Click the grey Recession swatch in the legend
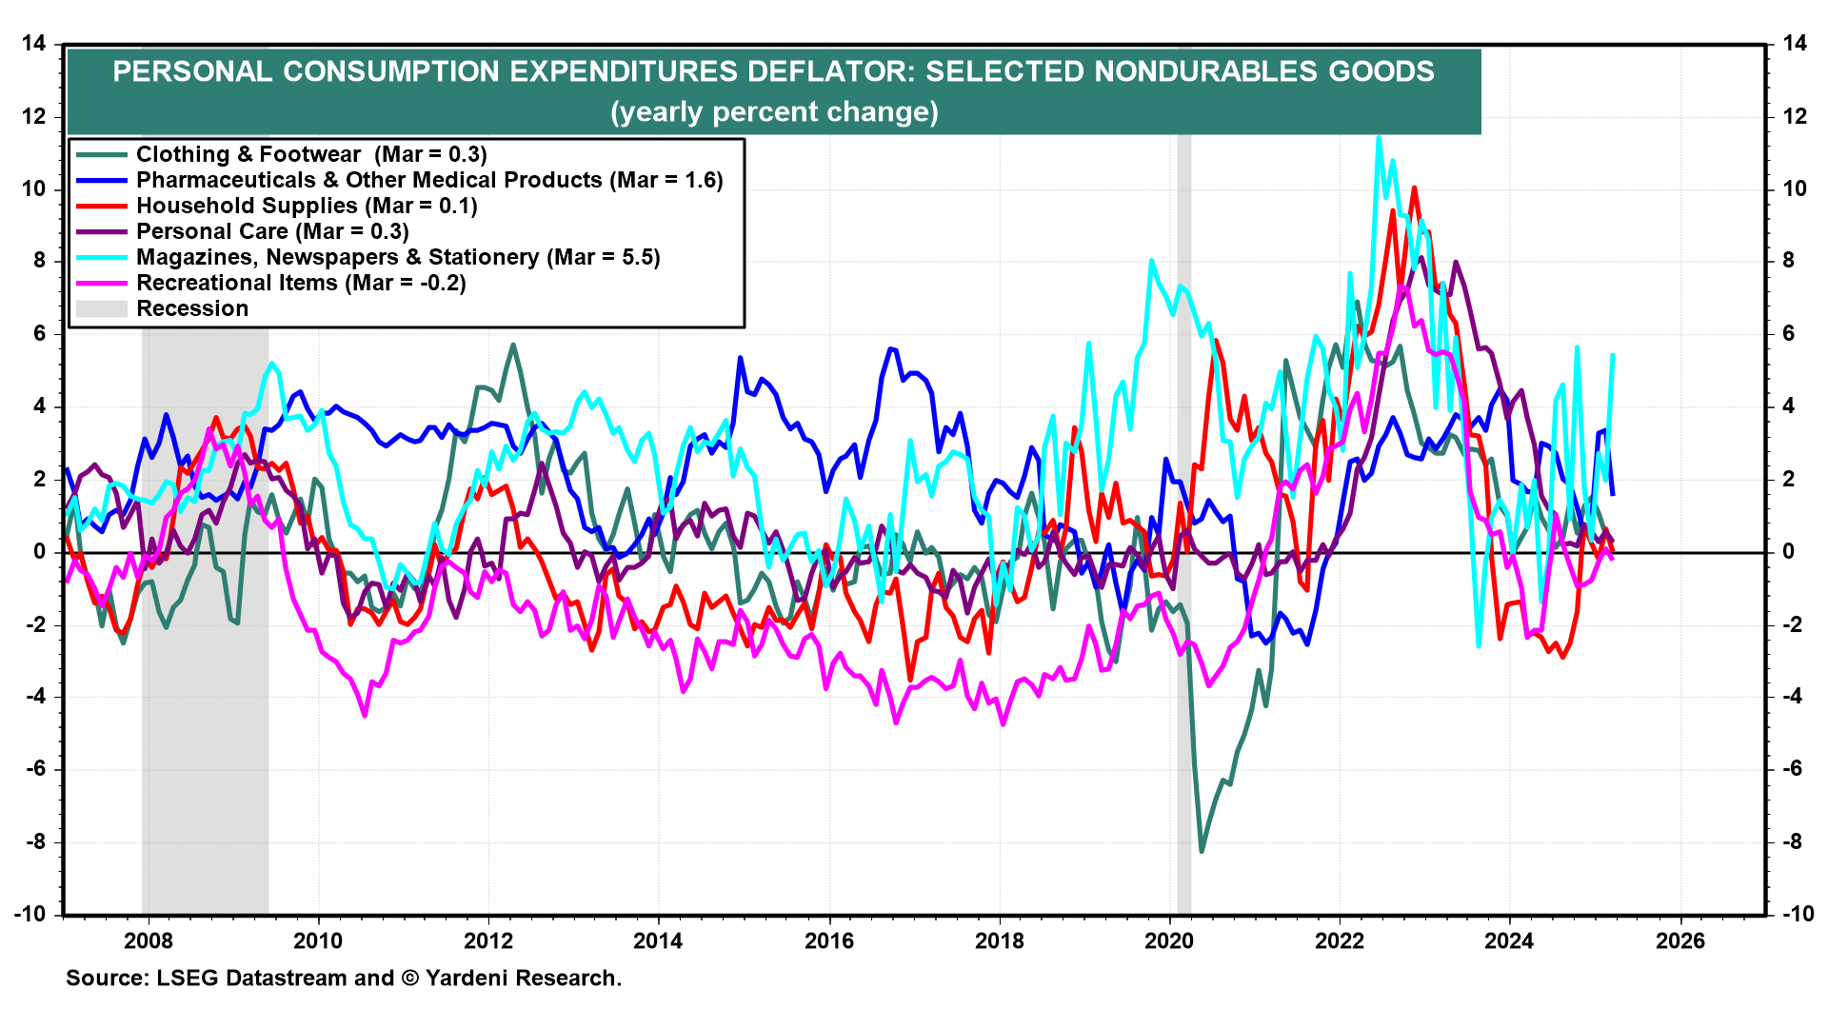pyautogui.click(x=101, y=309)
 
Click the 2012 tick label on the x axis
pyautogui.click(x=488, y=941)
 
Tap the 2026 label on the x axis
pyautogui.click(x=1680, y=941)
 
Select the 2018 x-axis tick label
pyautogui.click(x=1000, y=941)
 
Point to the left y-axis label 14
pyautogui.click(x=33, y=44)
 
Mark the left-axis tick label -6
pyautogui.click(x=33, y=769)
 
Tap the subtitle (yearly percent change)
pyautogui.click(x=774, y=112)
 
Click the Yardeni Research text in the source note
pyautogui.click(x=523, y=979)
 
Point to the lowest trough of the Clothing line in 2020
pyautogui.click(x=1202, y=850)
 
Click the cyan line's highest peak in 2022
pyautogui.click(x=1379, y=138)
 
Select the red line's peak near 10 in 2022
pyautogui.click(x=1414, y=188)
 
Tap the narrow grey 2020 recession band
pyautogui.click(x=1184, y=571)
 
